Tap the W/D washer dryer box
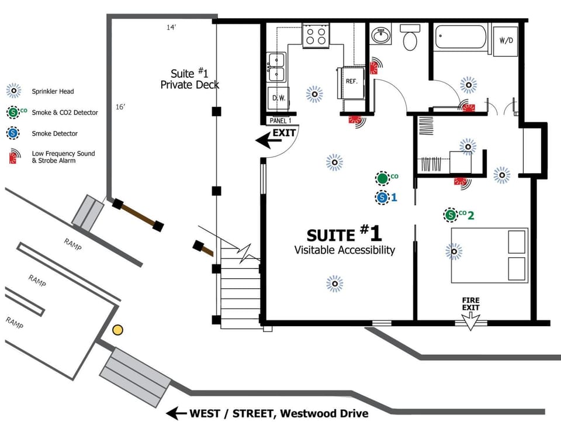pyautogui.click(x=505, y=41)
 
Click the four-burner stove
pyautogui.click(x=316, y=36)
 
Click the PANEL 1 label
pyautogui.click(x=280, y=120)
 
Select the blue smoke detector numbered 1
pyautogui.click(x=382, y=198)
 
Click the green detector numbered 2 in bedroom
pyautogui.click(x=451, y=215)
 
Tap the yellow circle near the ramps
pyautogui.click(x=117, y=330)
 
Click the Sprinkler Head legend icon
pyautogui.click(x=13, y=91)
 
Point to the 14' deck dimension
pyautogui.click(x=171, y=27)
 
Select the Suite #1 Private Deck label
pyautogui.click(x=189, y=79)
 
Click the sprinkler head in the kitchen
pyautogui.click(x=314, y=94)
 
